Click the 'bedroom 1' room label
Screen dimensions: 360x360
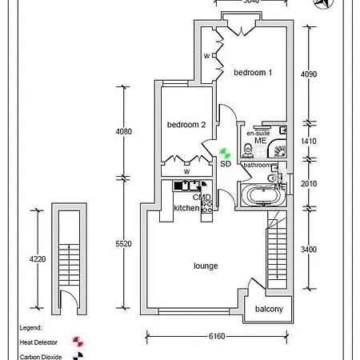253,73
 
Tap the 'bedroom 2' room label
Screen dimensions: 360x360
186,125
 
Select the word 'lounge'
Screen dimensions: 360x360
206,266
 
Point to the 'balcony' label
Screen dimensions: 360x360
269,310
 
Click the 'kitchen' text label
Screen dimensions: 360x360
186,208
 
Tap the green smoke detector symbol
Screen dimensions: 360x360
225,150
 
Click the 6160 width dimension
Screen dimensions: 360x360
215,338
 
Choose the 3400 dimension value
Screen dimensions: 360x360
308,250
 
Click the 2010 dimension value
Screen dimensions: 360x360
308,183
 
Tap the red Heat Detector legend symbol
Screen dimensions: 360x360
78,342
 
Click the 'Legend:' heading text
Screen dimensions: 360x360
31,328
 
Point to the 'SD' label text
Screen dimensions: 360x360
225,163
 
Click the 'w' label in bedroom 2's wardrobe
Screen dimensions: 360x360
186,171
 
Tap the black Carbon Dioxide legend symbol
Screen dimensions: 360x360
78,356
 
